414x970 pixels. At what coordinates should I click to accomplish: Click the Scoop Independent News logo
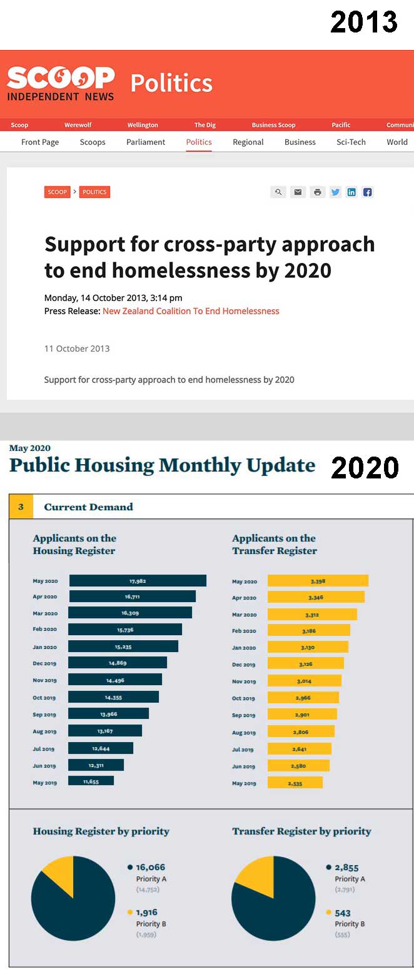[x=61, y=83]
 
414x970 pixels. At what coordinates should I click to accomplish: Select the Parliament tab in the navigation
[x=146, y=142]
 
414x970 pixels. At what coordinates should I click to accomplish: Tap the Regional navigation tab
[x=248, y=142]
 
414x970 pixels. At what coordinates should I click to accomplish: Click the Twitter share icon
[x=336, y=192]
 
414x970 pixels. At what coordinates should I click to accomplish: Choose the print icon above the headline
[x=318, y=192]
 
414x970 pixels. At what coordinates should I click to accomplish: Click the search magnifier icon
[x=278, y=192]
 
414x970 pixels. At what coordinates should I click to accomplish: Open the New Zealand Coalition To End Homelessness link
[x=191, y=311]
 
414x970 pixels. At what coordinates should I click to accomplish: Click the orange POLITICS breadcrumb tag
[x=94, y=192]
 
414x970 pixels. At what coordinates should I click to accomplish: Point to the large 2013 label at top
[x=364, y=22]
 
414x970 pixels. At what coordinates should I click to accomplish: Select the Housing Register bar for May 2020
[x=138, y=581]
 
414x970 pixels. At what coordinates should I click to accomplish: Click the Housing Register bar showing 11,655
[x=91, y=781]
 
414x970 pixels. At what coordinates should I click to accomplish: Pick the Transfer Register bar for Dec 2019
[x=306, y=663]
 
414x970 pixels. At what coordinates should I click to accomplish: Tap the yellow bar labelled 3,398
[x=318, y=581]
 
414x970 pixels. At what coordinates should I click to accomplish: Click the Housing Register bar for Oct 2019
[x=113, y=697]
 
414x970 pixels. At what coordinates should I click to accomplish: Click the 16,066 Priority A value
[x=150, y=868]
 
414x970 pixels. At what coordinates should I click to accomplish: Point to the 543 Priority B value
[x=343, y=913]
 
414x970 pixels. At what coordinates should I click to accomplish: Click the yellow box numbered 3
[x=21, y=507]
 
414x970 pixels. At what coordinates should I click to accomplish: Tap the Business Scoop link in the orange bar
[x=273, y=125]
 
